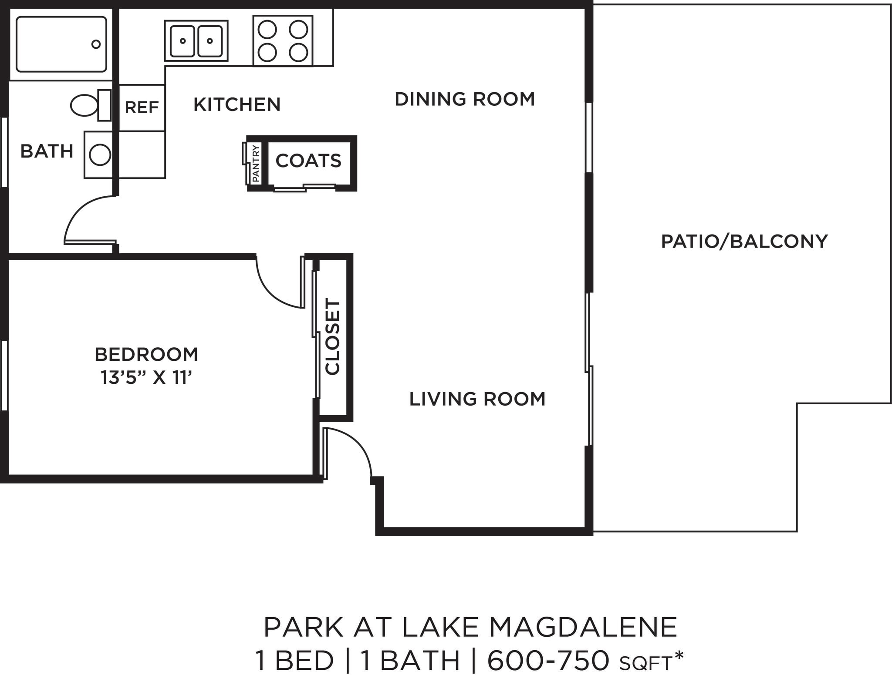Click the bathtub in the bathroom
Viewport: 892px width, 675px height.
(61, 44)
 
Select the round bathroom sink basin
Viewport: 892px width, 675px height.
(100, 154)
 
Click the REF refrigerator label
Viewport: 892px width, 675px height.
(142, 107)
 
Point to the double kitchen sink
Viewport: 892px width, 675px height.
(196, 41)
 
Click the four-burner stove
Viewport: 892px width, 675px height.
(283, 41)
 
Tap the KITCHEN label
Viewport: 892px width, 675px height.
(237, 104)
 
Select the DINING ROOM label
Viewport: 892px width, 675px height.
(464, 99)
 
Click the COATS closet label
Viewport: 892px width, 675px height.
(308, 161)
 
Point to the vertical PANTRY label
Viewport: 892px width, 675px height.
(256, 164)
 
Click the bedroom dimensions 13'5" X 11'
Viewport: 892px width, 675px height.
(146, 377)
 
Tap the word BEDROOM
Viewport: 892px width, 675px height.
(146, 354)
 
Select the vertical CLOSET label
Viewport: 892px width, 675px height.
(333, 336)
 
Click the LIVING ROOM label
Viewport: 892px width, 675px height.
(477, 399)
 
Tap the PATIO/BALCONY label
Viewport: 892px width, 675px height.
(744, 241)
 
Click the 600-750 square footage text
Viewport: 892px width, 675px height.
(548, 661)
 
